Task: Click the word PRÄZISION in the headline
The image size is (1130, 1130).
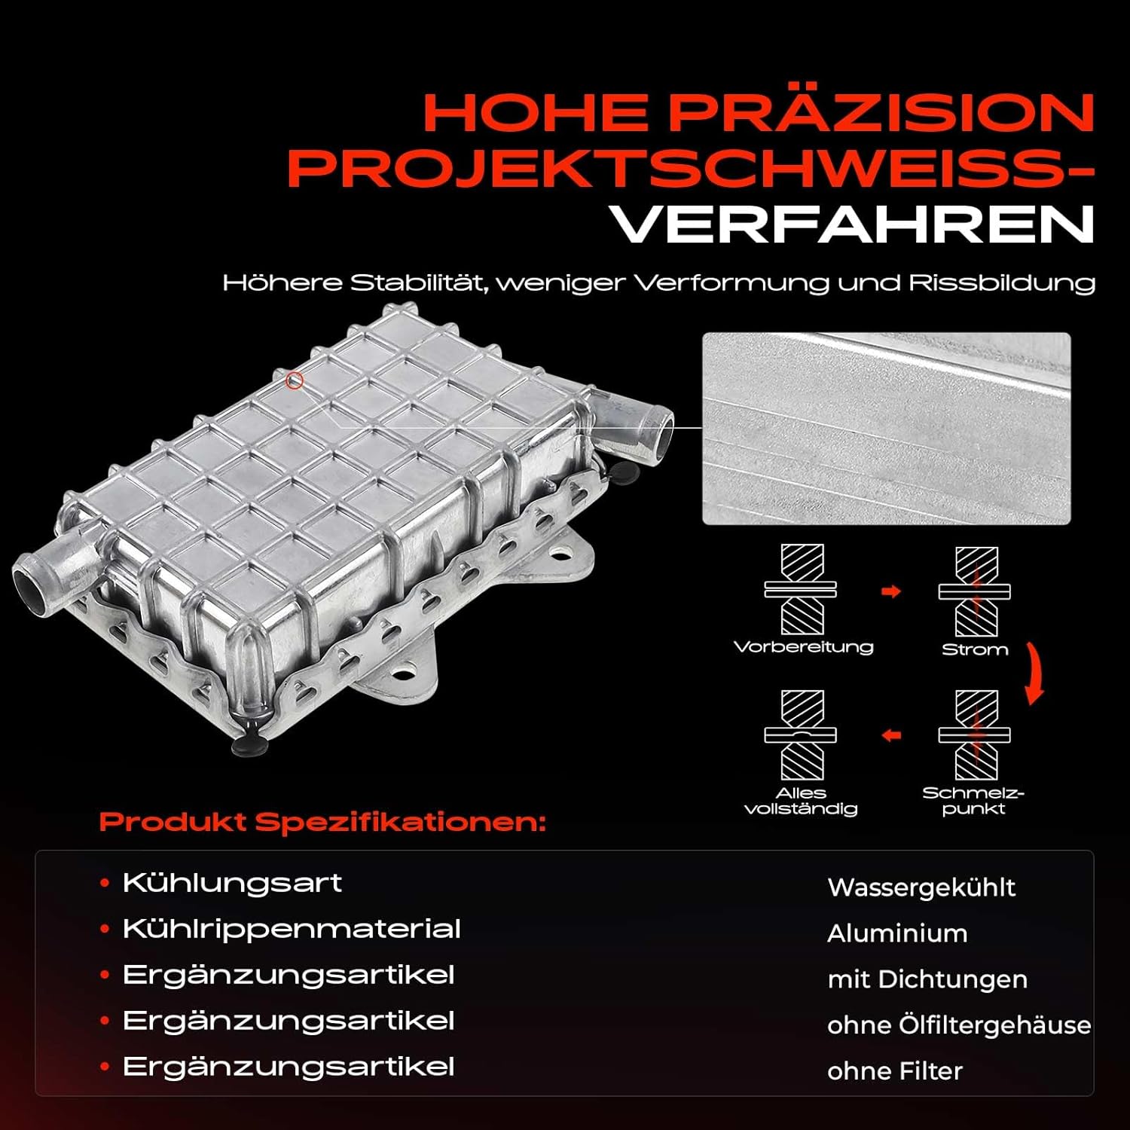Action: (882, 113)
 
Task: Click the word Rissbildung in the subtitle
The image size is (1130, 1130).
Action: (1002, 283)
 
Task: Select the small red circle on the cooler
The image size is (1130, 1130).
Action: (295, 381)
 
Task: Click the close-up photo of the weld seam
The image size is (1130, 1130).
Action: (887, 429)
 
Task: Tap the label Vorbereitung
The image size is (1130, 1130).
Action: (803, 647)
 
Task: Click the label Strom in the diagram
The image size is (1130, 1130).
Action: (975, 649)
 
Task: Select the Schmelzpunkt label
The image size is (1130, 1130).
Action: (973, 802)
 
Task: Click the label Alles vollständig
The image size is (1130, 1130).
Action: (801, 802)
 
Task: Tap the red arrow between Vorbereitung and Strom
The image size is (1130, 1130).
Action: (891, 591)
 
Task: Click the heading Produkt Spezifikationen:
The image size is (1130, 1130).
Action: (322, 822)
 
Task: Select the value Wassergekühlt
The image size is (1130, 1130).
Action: (921, 887)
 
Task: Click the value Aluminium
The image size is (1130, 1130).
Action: (897, 933)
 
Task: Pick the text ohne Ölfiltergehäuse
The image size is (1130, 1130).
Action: (959, 1025)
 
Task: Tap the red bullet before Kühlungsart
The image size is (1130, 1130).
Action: (105, 883)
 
